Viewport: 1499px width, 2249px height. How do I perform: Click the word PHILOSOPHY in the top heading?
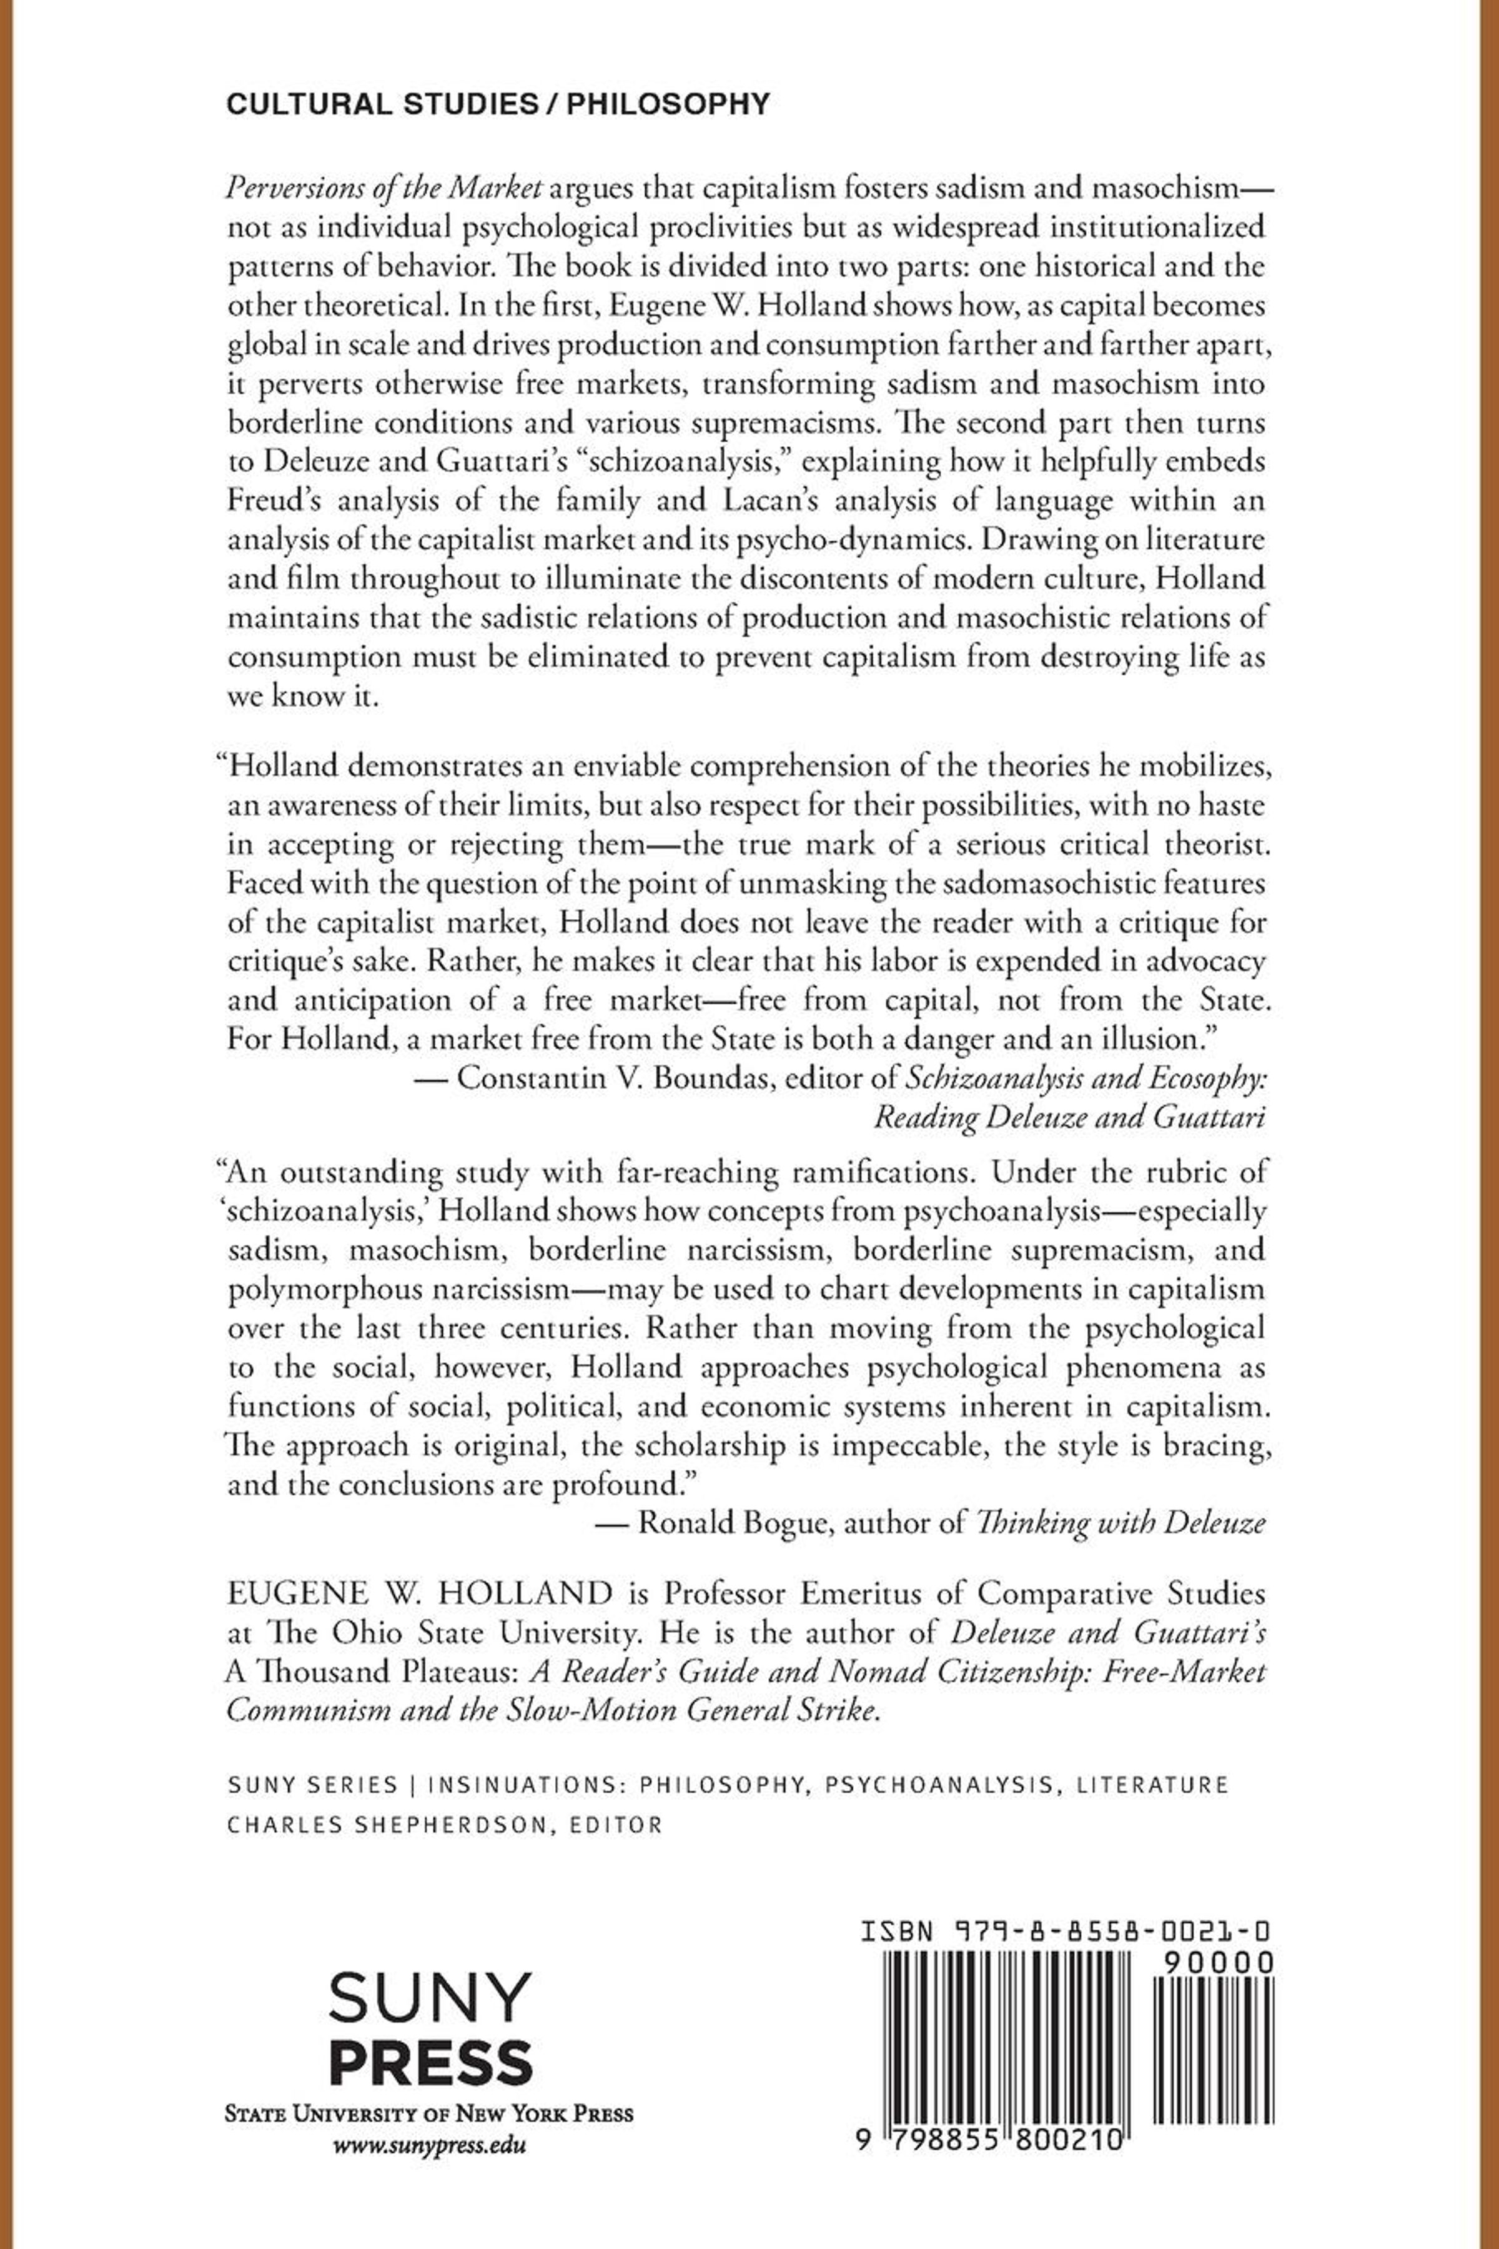pyautogui.click(x=668, y=104)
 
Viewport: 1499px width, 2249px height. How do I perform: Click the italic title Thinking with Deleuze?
pyautogui.click(x=1119, y=1523)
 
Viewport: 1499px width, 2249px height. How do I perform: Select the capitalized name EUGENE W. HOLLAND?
pyautogui.click(x=420, y=1594)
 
